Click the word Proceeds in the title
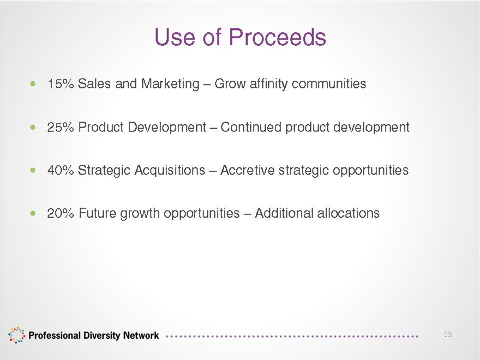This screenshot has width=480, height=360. click(x=277, y=37)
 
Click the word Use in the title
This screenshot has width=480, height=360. click(x=175, y=37)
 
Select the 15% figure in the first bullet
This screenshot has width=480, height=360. click(x=61, y=83)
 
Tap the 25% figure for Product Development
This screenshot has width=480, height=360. click(x=61, y=127)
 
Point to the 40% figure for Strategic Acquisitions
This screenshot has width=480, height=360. click(x=61, y=170)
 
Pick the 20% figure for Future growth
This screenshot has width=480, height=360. click(x=61, y=213)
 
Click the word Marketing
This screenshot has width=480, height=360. click(x=170, y=84)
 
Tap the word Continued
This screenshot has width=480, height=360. click(x=251, y=127)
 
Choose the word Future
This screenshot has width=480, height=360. click(x=98, y=213)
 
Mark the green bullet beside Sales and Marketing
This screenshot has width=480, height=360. click(x=33, y=83)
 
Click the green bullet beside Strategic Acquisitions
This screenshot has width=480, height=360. click(x=33, y=170)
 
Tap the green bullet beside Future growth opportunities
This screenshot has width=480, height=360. click(x=33, y=213)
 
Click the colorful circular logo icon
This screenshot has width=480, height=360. click(x=16, y=335)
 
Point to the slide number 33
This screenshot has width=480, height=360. click(x=448, y=334)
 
